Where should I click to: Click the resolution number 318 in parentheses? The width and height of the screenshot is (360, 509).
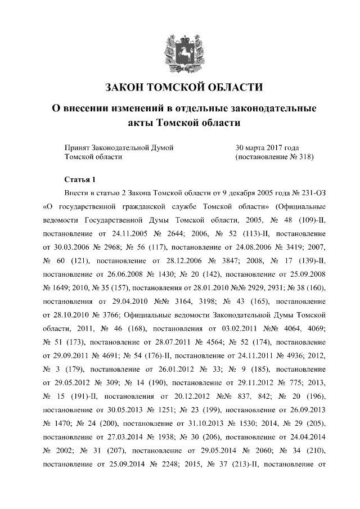[x=303, y=157]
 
